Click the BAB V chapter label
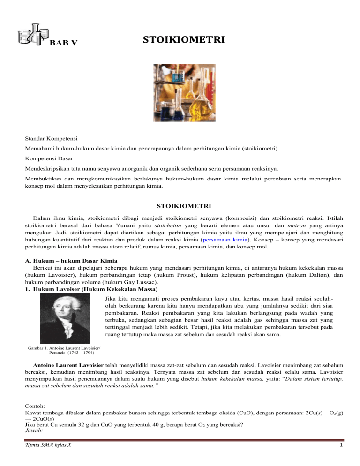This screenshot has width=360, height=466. coord(63,44)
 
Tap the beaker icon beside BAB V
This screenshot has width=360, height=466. coord(32,33)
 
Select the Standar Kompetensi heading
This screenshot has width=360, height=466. coord(52,139)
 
